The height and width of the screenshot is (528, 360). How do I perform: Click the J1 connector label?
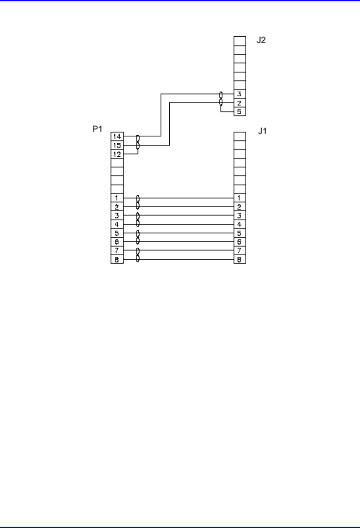tap(262, 131)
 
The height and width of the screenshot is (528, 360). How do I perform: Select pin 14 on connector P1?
tap(116, 137)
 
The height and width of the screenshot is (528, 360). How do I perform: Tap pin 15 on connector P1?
tap(116, 145)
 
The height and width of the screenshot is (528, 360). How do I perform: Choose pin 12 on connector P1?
tap(116, 154)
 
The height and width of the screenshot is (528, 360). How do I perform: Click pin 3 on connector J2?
tap(240, 94)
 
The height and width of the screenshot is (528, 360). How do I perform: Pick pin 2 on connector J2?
tap(240, 103)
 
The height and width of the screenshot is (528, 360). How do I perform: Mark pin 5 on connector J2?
tap(240, 112)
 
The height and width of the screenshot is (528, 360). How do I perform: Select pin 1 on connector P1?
tap(116, 198)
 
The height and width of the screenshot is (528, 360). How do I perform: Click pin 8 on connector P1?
tap(116, 260)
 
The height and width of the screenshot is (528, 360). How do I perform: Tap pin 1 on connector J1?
tap(240, 198)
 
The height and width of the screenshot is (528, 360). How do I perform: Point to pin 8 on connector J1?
tap(240, 260)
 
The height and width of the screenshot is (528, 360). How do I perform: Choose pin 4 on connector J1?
tap(240, 224)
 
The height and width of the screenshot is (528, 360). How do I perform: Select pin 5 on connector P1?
tap(116, 233)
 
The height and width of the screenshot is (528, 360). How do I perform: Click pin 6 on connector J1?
tap(240, 242)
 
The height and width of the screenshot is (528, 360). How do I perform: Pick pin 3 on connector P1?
tap(116, 215)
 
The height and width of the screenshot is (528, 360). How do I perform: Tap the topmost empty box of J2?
tap(240, 41)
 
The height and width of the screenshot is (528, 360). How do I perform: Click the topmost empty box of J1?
tap(240, 136)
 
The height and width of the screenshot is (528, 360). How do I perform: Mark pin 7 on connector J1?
tap(240, 250)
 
